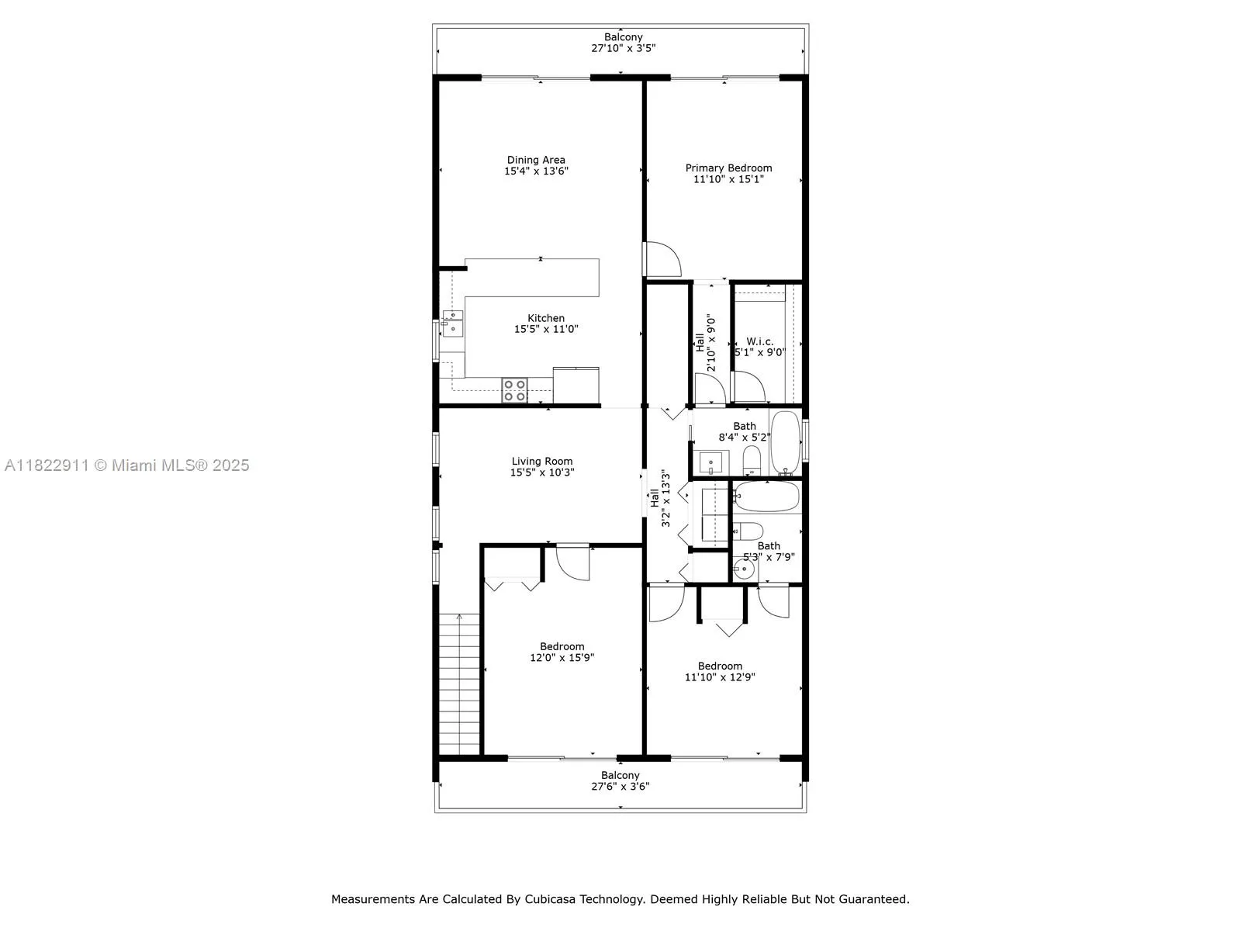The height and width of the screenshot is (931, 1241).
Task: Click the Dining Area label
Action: pos(536,160)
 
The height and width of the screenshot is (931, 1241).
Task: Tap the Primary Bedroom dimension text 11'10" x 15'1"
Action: pos(728,179)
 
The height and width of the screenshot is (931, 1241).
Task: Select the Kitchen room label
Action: pos(546,318)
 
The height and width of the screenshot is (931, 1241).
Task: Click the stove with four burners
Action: pos(514,390)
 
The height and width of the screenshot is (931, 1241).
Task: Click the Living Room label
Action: pos(542,461)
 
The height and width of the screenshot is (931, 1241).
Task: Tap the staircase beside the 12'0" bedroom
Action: pos(460,683)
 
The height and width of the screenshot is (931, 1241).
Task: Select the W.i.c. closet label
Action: pos(760,341)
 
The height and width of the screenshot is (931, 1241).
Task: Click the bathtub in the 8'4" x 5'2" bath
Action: pos(785,442)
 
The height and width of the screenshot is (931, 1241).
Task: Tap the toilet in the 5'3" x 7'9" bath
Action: pos(749,531)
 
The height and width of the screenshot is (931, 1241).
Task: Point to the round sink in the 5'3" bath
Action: pos(742,569)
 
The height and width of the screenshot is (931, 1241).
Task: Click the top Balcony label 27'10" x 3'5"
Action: pos(624,37)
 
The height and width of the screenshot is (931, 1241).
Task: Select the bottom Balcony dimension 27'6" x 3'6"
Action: pos(620,786)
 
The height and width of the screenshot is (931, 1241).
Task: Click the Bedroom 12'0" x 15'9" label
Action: pos(562,646)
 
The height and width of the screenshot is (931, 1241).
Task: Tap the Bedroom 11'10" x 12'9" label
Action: pos(720,666)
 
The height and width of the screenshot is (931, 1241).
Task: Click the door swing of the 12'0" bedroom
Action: pos(572,563)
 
